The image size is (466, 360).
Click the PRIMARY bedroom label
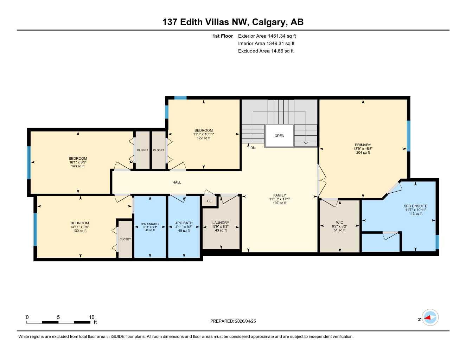pyautogui.click(x=363, y=145)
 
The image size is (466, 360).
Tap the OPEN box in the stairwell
pyautogui.click(x=279, y=136)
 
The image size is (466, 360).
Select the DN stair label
pyautogui.click(x=253, y=148)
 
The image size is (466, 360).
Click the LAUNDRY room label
pyautogui.click(x=221, y=223)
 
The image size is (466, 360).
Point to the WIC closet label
pyautogui.click(x=339, y=223)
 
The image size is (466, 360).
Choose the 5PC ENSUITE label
pyautogui.click(x=415, y=206)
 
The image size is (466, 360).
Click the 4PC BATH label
pyautogui.click(x=184, y=223)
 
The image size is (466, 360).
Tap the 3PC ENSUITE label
pyautogui.click(x=150, y=224)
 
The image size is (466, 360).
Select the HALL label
pyautogui.click(x=177, y=182)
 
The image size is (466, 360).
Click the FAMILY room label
pyautogui.click(x=280, y=195)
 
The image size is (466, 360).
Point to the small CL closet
pyautogui.click(x=209, y=201)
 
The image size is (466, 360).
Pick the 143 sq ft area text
pyautogui.click(x=78, y=166)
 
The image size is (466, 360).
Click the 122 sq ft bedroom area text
pyautogui.click(x=204, y=138)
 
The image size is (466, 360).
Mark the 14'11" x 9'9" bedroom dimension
pyautogui.click(x=80, y=227)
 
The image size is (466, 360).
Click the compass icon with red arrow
pyautogui.click(x=430, y=318)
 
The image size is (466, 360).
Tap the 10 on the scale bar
pyautogui.click(x=91, y=317)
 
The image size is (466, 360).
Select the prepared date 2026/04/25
pyautogui.click(x=245, y=321)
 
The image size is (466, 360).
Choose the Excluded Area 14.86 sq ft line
pyautogui.click(x=266, y=51)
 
